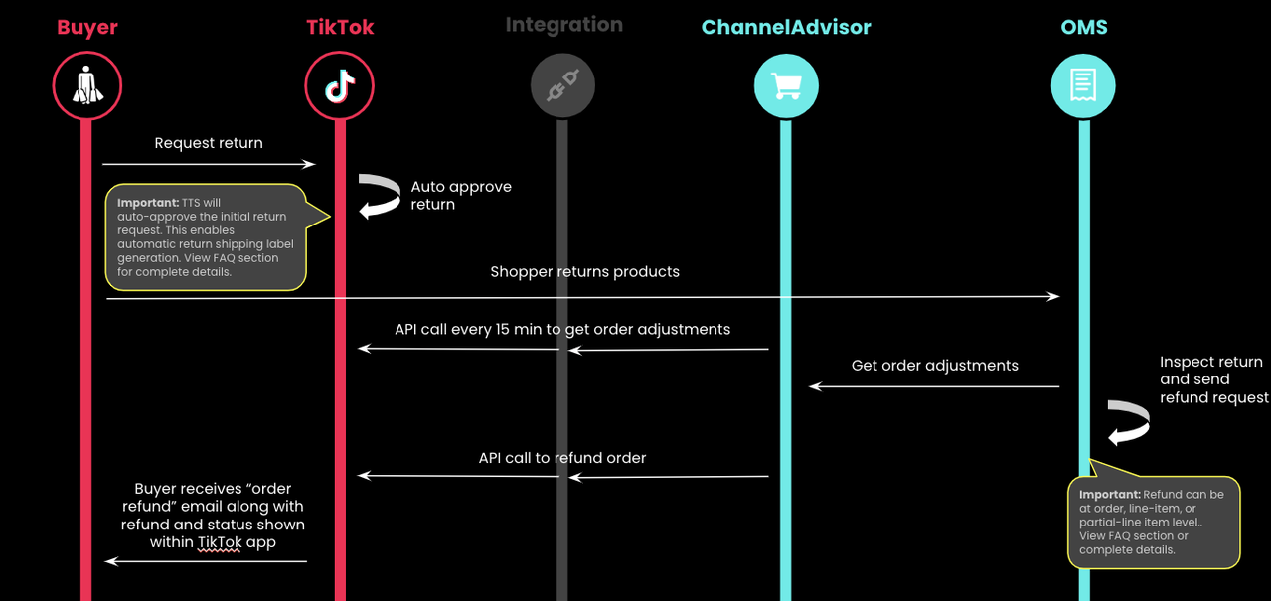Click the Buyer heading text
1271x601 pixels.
tap(87, 28)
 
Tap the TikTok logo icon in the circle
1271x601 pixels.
tap(340, 87)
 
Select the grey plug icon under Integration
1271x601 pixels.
tap(562, 87)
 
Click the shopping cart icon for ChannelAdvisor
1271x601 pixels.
tap(786, 87)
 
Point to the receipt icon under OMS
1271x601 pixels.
tap(1083, 86)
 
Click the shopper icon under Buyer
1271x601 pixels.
tap(87, 87)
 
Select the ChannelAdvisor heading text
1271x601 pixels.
tap(785, 28)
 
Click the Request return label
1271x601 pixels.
tap(209, 143)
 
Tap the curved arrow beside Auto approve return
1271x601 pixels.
tap(379, 196)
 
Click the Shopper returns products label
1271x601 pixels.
tap(584, 272)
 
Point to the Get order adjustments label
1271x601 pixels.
tap(934, 366)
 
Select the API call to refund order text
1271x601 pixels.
tap(562, 458)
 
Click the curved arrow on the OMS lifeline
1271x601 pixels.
tap(1129, 422)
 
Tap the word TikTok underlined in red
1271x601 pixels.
tap(220, 542)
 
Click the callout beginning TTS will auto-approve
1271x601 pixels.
tap(206, 237)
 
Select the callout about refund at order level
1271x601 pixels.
tap(1153, 522)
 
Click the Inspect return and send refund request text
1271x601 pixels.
tap(1212, 379)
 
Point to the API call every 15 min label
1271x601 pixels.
tap(562, 329)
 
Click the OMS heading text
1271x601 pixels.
tap(1083, 28)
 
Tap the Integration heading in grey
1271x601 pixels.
tap(563, 25)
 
